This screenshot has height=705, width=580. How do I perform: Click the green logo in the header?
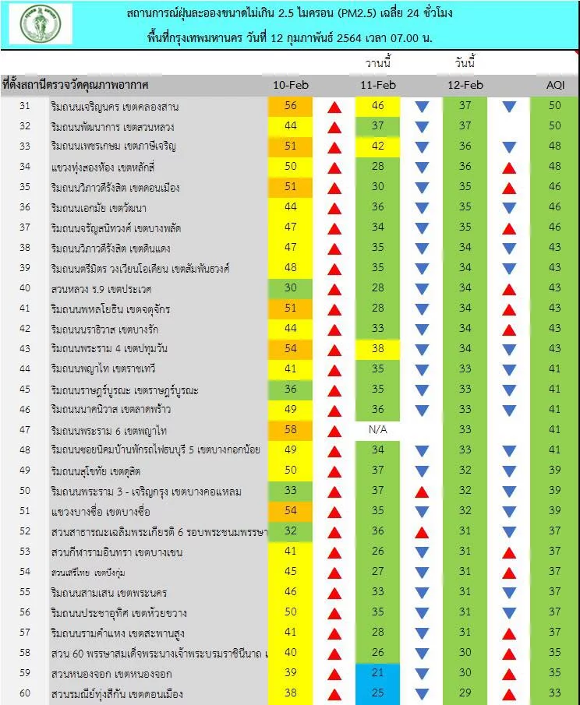tap(41, 23)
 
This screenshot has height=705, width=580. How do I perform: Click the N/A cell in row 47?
tap(378, 430)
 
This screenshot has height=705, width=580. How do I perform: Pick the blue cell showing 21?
tap(378, 673)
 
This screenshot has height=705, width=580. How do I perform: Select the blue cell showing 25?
tap(378, 693)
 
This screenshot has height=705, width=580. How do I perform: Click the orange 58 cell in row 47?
tap(290, 430)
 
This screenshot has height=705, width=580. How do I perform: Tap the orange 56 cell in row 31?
tap(290, 106)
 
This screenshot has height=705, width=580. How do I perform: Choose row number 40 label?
tap(24, 288)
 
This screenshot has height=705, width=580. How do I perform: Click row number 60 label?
tap(24, 693)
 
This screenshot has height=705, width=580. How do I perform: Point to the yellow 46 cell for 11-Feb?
tap(378, 106)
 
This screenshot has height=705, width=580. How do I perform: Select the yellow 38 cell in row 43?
tap(378, 349)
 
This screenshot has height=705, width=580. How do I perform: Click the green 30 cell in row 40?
tap(290, 288)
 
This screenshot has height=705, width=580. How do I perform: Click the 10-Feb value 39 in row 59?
tap(290, 673)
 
